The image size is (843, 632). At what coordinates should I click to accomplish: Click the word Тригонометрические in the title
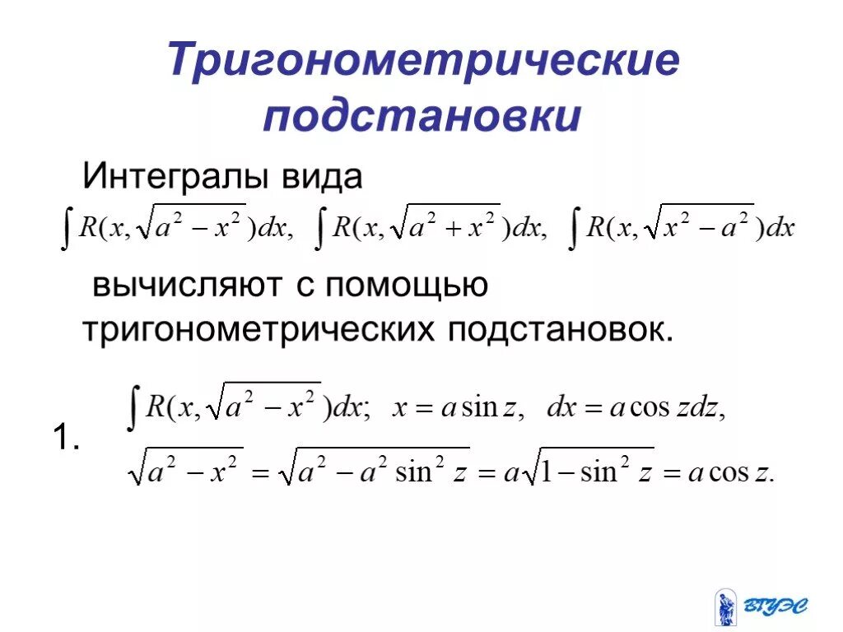(x=424, y=63)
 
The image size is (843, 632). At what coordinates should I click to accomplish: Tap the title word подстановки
(x=422, y=116)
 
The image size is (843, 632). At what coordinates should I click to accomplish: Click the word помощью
(x=407, y=286)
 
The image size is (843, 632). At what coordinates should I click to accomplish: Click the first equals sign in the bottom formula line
(x=260, y=476)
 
